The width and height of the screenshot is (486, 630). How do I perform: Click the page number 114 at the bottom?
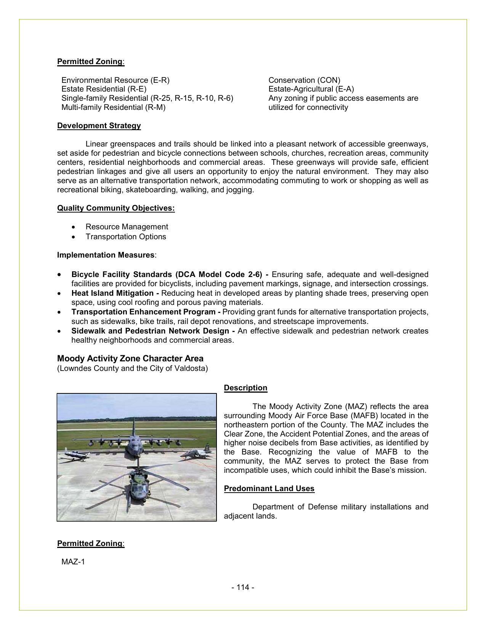tap(243, 587)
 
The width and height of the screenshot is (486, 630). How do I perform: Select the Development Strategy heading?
tap(99, 126)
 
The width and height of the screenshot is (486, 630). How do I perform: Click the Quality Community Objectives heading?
tap(116, 208)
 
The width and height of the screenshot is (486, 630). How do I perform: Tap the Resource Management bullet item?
tap(127, 227)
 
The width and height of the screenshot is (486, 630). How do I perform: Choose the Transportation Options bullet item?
tap(126, 237)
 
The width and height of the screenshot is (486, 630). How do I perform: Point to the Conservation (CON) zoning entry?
tap(304, 81)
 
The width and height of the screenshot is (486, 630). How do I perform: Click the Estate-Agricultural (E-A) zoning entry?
tap(311, 89)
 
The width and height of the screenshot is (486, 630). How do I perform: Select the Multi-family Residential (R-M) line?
tap(113, 108)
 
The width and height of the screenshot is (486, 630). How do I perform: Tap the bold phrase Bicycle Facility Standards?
tap(122, 275)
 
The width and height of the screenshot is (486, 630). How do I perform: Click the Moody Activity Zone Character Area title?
tap(130, 359)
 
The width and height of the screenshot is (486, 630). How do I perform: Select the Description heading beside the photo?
tap(245, 388)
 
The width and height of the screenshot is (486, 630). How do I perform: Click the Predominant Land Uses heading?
tap(269, 489)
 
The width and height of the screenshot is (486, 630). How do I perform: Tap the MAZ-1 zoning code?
tap(73, 562)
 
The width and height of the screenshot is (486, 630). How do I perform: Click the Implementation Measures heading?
tap(106, 255)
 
